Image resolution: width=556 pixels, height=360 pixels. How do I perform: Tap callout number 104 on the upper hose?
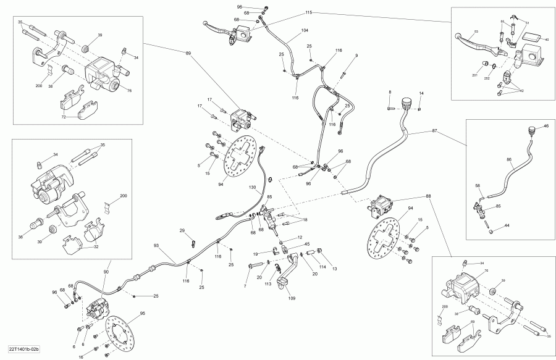(x=304, y=30)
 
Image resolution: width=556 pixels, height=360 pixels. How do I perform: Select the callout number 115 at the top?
(x=309, y=12)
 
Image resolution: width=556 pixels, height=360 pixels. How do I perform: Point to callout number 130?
(x=252, y=187)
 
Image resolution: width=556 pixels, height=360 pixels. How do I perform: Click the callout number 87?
(x=434, y=132)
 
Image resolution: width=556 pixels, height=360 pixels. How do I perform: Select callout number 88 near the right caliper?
(x=428, y=197)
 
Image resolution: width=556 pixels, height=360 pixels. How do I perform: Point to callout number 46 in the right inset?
(x=545, y=126)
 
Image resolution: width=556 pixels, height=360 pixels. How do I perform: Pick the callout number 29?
(x=182, y=230)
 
